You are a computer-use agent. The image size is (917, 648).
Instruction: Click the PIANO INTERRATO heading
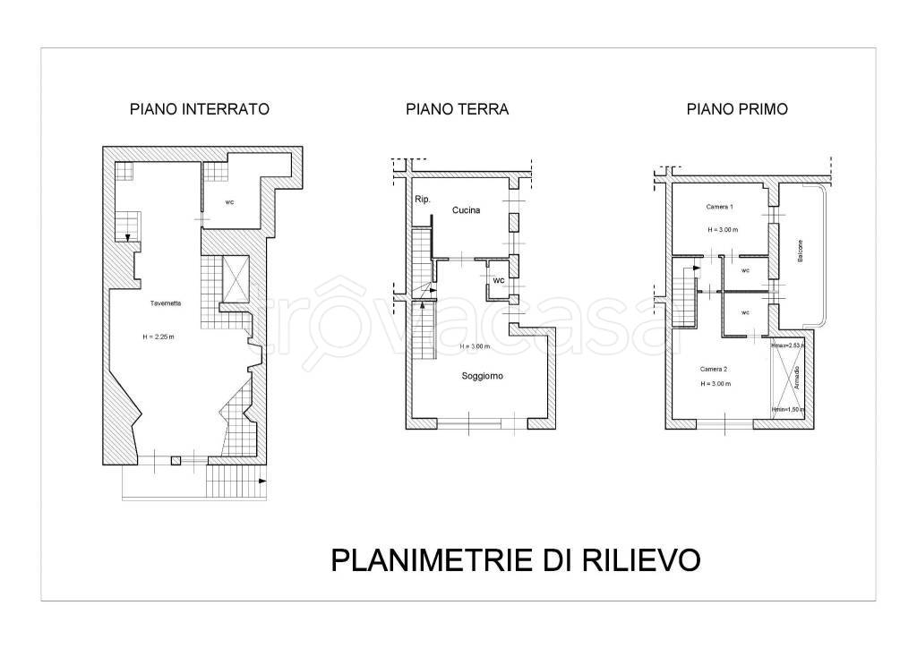point(200,110)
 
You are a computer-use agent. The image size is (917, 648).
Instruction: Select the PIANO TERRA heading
point(457,110)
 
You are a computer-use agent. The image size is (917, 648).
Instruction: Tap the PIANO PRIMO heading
point(737,110)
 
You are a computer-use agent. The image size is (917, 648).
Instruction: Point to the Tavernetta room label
point(166,304)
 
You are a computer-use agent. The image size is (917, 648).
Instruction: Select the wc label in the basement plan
point(230,202)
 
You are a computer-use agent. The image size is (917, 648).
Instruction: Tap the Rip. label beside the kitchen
point(422,199)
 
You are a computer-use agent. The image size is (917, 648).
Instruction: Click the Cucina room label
point(467,211)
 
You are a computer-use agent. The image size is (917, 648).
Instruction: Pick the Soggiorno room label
point(482,376)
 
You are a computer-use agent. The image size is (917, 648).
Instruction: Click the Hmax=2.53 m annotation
point(788,344)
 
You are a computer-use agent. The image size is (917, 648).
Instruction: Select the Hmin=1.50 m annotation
point(788,410)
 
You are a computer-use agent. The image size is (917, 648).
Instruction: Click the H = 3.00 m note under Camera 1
point(722,229)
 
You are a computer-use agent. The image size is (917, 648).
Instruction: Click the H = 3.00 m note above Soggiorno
point(476,346)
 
